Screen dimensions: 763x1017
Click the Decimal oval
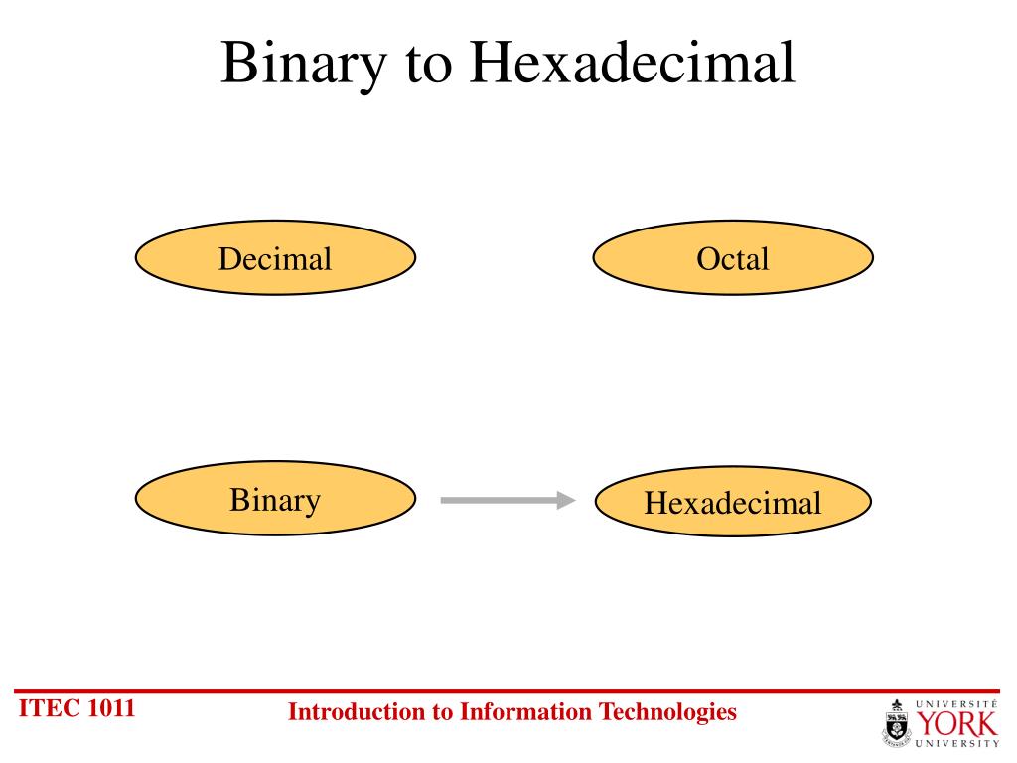[275, 258]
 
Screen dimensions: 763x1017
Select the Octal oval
[733, 258]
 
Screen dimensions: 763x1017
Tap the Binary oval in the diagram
[275, 500]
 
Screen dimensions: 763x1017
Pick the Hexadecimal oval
[733, 503]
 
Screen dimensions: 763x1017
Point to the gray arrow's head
[567, 500]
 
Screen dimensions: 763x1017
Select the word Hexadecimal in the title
[633, 63]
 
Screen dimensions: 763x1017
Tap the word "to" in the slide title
[427, 65]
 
